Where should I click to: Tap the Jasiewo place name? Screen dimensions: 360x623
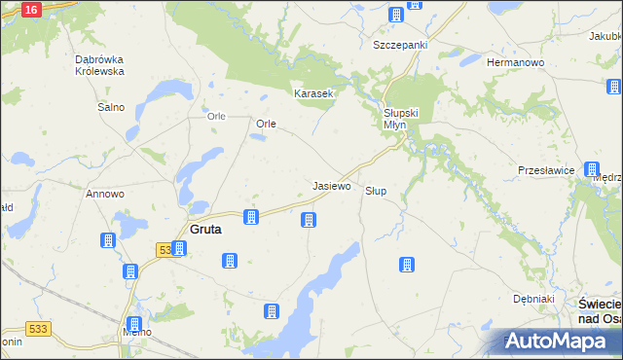[331, 185]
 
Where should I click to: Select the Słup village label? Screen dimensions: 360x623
[376, 191]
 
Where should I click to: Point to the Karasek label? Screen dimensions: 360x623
[314, 93]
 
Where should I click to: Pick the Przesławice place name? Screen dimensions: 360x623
[543, 169]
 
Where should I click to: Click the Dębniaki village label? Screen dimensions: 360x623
[534, 299]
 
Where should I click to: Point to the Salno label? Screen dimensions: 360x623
[110, 107]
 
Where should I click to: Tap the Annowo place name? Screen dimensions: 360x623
[105, 194]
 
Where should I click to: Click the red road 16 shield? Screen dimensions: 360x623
[30, 9]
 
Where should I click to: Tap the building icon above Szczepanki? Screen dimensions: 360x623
[396, 15]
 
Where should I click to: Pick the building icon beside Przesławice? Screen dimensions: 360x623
[592, 169]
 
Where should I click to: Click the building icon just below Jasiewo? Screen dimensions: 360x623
[309, 220]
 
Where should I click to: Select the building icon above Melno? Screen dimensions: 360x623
[134, 323]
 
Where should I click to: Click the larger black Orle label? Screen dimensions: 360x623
[267, 125]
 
